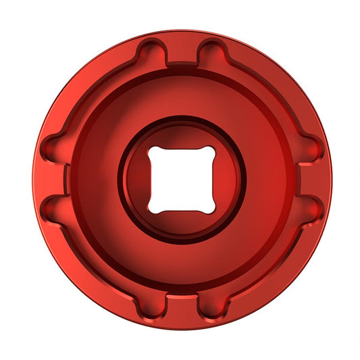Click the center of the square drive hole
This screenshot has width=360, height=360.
tap(182, 179)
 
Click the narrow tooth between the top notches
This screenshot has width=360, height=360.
tap(182, 54)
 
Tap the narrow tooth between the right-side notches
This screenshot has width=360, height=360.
tap(307, 180)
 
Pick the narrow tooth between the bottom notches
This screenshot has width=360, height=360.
tap(182, 305)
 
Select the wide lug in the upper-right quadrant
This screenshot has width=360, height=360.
tap(271, 91)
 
